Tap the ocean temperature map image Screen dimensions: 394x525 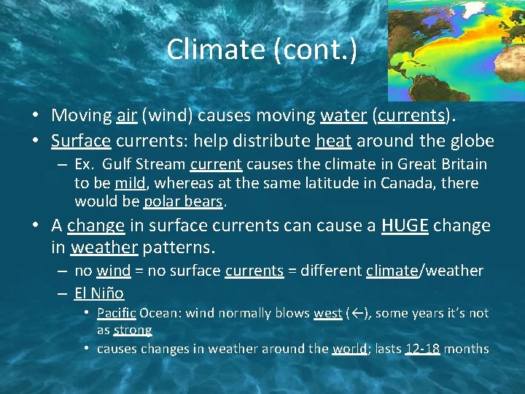[455, 50]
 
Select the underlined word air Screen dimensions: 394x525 [125, 115]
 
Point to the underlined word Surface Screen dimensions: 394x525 [80, 140]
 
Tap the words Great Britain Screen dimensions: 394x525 [446, 164]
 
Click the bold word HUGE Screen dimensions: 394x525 [405, 225]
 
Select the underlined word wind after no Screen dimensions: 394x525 [113, 271]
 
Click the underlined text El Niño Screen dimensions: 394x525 [99, 293]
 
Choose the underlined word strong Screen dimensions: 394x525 [133, 330]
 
